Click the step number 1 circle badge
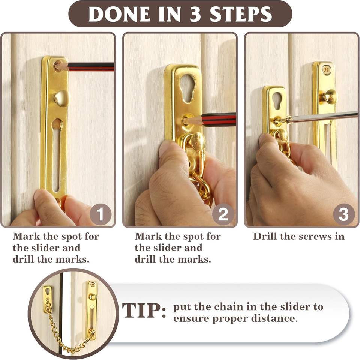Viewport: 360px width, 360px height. click(100, 214)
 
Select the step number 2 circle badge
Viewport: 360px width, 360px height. click(223, 214)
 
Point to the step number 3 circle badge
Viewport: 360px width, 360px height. click(344, 214)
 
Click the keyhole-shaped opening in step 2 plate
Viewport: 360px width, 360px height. click(188, 88)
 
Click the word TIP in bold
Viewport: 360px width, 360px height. click(144, 310)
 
